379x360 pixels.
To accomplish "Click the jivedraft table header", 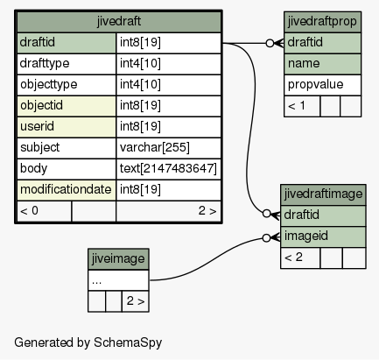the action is (x=119, y=22).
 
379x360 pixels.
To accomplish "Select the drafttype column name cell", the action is (x=67, y=64).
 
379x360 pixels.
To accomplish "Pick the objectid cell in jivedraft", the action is (x=67, y=106).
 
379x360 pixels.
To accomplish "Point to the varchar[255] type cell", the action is (x=169, y=148).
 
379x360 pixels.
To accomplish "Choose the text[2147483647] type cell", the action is (x=169, y=169).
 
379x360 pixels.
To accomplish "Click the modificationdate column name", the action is (x=67, y=190).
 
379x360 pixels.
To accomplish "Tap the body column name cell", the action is (x=67, y=169).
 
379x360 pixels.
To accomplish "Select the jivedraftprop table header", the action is (x=322, y=22).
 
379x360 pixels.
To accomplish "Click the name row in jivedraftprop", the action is (x=322, y=64).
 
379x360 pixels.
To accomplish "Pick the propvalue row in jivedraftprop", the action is (x=322, y=85).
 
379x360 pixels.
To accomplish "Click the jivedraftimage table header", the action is (x=323, y=194).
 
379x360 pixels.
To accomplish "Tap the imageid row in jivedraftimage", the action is (x=323, y=236).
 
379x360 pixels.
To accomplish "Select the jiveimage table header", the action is (x=118, y=259).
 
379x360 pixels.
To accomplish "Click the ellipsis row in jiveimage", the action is (x=118, y=280).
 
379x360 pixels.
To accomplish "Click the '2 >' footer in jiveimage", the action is (x=136, y=301).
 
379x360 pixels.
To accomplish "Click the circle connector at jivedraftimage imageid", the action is (x=266, y=238).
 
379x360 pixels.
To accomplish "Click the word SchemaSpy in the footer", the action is (x=128, y=342).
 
